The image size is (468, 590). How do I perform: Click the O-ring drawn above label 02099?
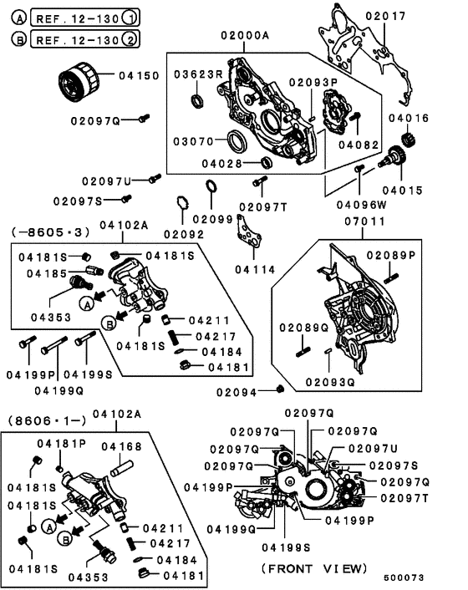[x=213, y=186]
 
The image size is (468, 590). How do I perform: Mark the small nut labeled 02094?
[x=282, y=389]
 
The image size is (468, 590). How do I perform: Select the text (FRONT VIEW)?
[x=313, y=568]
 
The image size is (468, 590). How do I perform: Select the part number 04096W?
[x=363, y=204]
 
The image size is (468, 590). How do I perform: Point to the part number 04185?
[x=41, y=272]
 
